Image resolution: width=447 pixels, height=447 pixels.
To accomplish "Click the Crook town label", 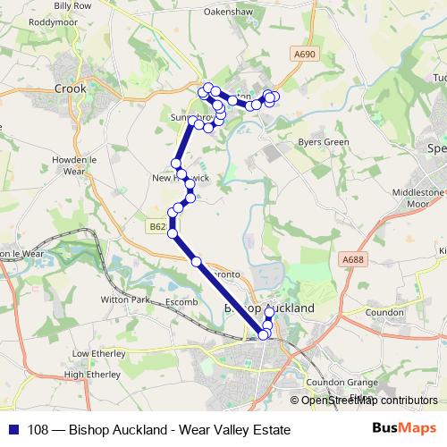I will [70, 89].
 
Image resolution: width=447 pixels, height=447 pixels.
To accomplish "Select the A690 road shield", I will [305, 55].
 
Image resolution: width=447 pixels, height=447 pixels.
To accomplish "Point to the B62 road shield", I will [157, 227].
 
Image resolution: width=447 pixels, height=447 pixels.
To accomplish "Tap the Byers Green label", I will [323, 141].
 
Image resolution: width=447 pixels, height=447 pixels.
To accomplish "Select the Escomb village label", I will [181, 303].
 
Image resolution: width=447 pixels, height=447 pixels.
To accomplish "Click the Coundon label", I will [384, 312].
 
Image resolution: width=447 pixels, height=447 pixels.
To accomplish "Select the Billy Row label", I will [73, 5].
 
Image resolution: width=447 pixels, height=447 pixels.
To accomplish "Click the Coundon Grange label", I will [338, 382].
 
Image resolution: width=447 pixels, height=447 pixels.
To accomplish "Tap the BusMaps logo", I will [403, 430].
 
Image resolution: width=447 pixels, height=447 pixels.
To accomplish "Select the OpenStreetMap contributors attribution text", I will [369, 401].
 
